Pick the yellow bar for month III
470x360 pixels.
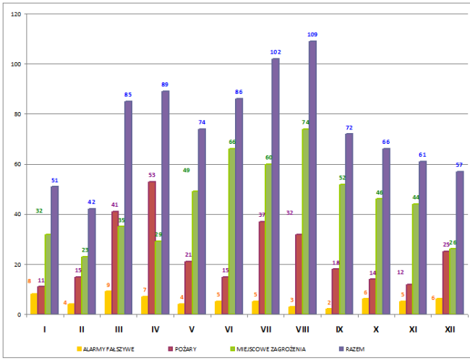(108, 303)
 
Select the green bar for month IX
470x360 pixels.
(341, 249)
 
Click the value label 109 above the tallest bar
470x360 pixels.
(312, 35)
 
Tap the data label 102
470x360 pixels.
(275, 52)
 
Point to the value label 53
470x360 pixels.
(151, 175)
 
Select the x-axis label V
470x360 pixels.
(192, 329)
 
